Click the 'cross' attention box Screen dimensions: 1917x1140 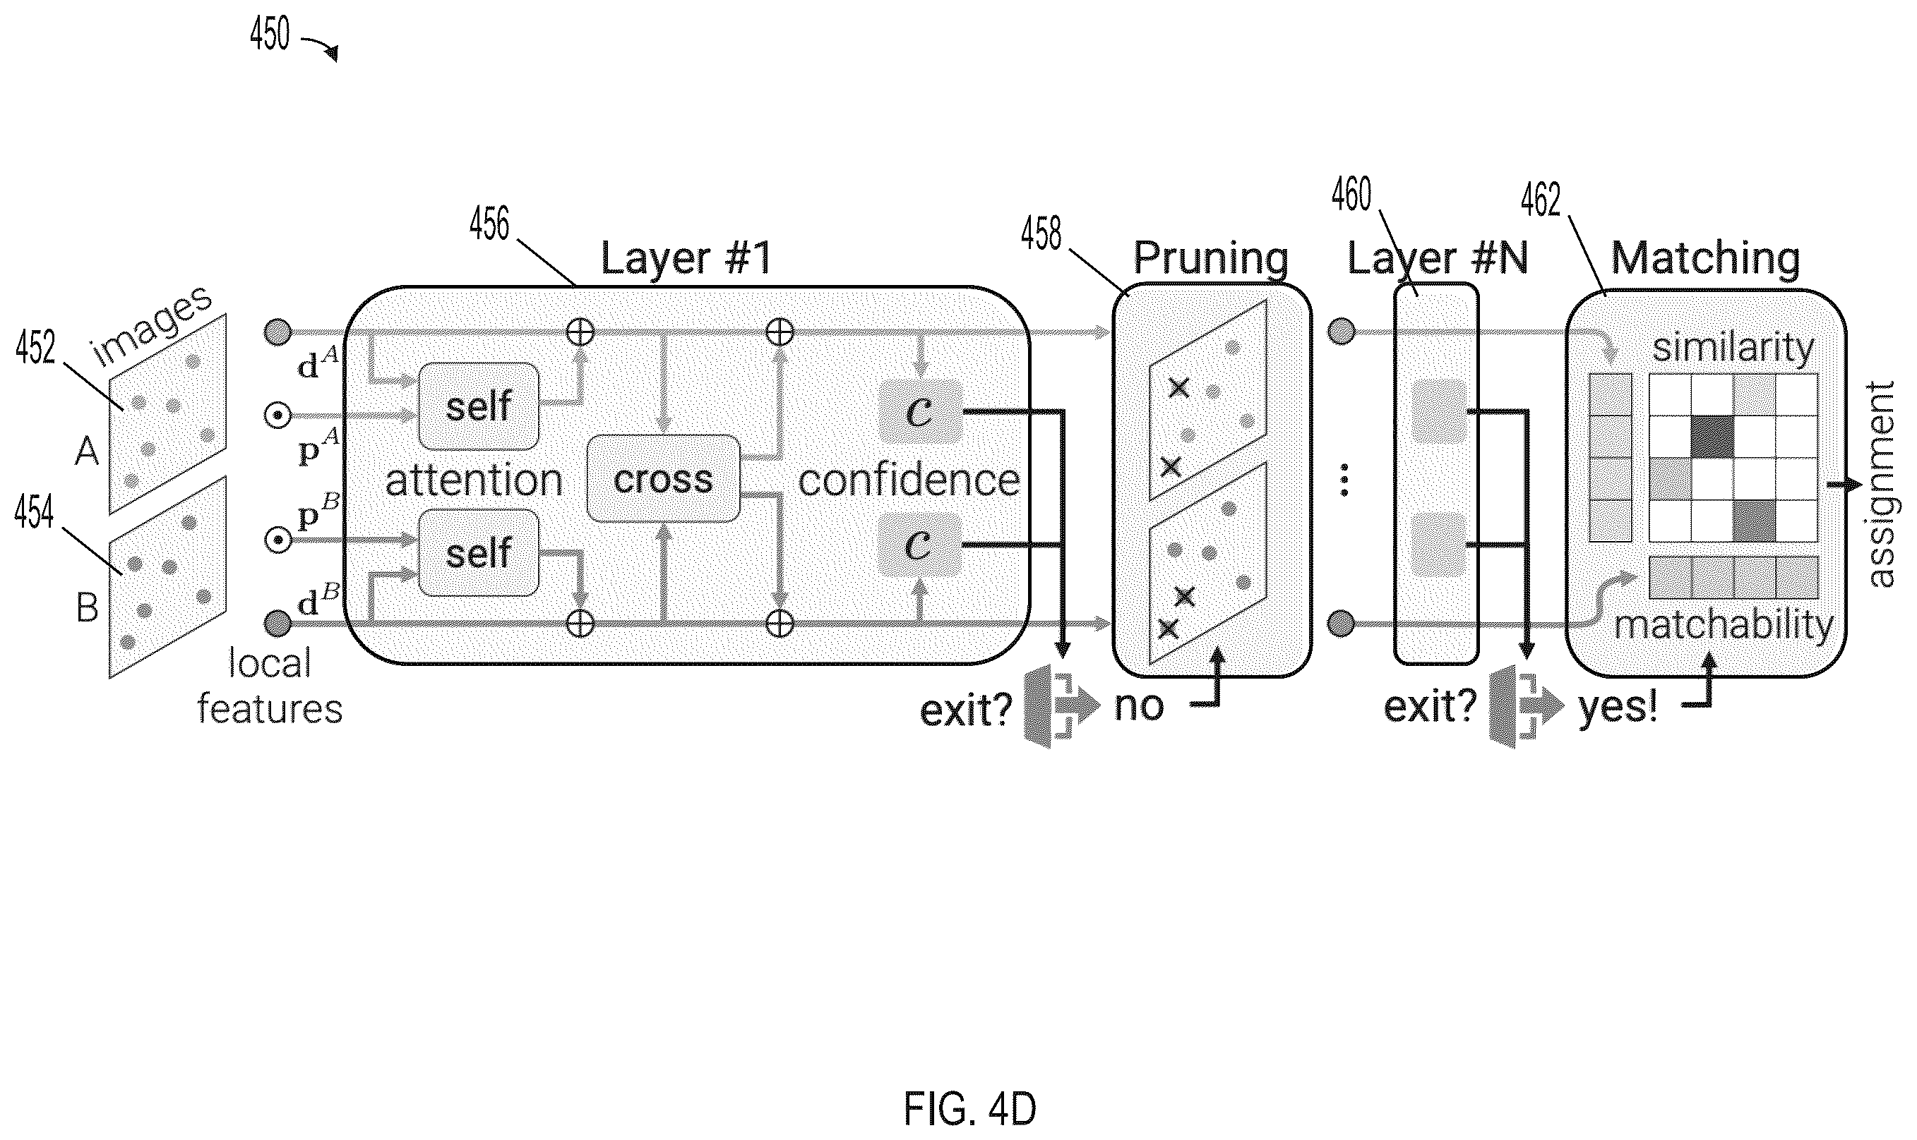click(662, 478)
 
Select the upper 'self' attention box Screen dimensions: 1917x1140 click(478, 406)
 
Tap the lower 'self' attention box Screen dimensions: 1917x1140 click(478, 552)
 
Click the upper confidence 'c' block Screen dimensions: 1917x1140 click(919, 412)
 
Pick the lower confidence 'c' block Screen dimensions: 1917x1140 click(919, 545)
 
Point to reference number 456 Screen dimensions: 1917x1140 click(489, 224)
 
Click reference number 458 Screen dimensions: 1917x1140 click(1041, 234)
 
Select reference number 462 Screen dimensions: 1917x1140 click(1541, 200)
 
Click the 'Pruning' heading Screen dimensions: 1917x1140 click(1211, 258)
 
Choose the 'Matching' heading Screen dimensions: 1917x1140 click(1705, 258)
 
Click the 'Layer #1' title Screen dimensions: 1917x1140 click(686, 258)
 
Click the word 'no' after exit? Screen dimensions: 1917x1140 click(1138, 707)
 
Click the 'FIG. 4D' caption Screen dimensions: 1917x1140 click(969, 1108)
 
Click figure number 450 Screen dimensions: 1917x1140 click(270, 34)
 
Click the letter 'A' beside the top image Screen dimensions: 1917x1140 click(86, 451)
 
